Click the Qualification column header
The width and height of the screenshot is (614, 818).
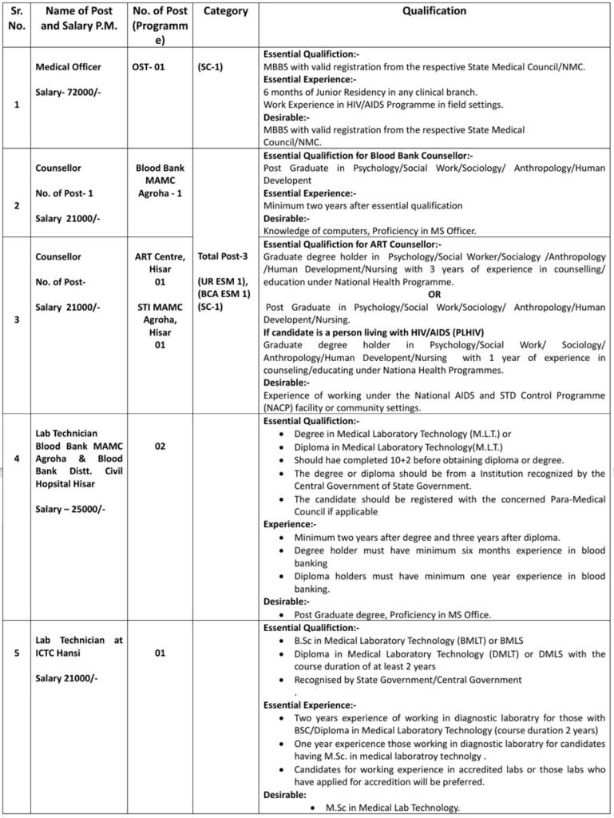(x=434, y=12)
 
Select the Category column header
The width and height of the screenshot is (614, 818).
(x=226, y=12)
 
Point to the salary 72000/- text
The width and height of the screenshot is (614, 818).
(x=69, y=93)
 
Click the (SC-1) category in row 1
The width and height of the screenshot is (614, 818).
(x=210, y=68)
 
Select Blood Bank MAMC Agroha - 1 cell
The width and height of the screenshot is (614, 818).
(x=160, y=182)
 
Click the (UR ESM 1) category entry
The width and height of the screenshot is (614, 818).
(x=225, y=283)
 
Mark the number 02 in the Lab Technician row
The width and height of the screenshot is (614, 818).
(x=160, y=447)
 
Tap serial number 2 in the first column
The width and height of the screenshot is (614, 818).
(x=18, y=205)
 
